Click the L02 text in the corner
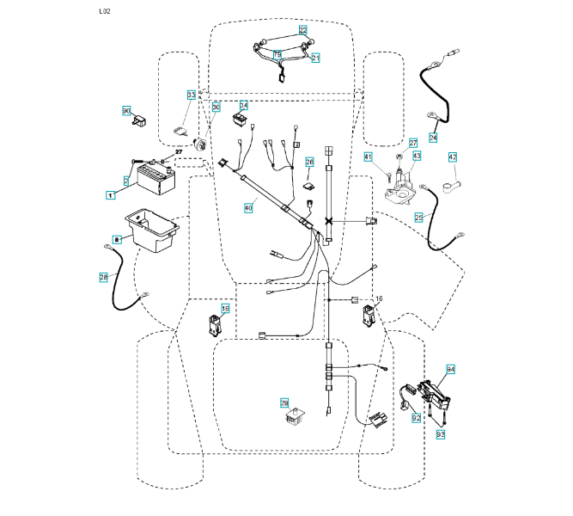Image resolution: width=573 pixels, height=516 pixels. [105, 11]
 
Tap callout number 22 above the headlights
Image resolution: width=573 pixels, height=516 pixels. [302, 30]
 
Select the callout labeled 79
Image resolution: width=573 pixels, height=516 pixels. [277, 54]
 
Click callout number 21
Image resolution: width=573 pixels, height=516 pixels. [315, 58]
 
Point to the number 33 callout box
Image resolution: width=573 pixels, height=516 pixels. [192, 94]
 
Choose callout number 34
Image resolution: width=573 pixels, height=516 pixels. [243, 107]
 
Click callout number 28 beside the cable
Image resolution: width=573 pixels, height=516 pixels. [103, 276]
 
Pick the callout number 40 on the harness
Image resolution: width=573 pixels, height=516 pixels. [249, 207]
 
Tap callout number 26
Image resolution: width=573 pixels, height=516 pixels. [309, 162]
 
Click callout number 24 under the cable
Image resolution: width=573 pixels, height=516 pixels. [432, 138]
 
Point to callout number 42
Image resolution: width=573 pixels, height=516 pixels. [452, 157]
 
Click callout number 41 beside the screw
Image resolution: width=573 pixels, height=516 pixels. [367, 157]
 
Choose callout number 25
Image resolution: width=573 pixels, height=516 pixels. [419, 218]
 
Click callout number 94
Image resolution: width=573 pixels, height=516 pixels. [450, 369]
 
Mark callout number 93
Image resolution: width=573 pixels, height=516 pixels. [441, 435]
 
